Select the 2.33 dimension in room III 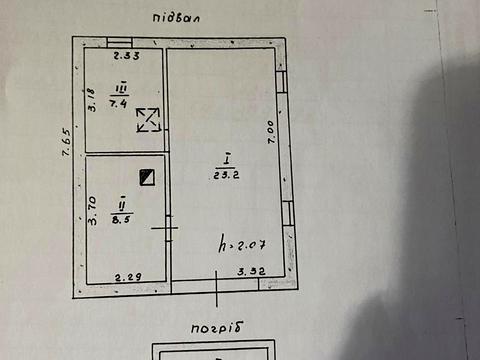pyautogui.click(x=125, y=56)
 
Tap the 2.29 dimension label pyautogui.click(x=126, y=277)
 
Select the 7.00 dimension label pyautogui.click(x=270, y=133)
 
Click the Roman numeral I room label pyautogui.click(x=226, y=159)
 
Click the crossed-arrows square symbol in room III pyautogui.click(x=147, y=120)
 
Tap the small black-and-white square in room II pyautogui.click(x=150, y=177)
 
